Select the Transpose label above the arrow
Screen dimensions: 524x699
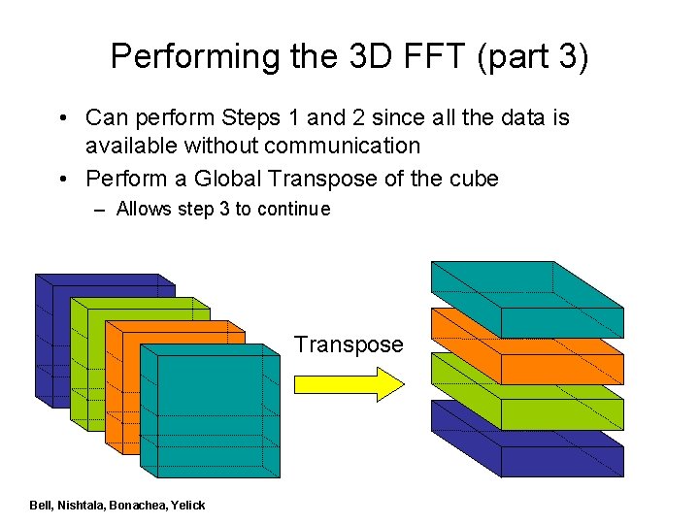click(x=349, y=344)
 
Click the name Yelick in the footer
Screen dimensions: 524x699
click(x=187, y=506)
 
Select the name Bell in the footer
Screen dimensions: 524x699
click(x=41, y=506)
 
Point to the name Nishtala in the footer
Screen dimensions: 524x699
click(x=82, y=506)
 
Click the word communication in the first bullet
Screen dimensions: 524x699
click(x=349, y=146)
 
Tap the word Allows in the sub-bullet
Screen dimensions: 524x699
click(x=145, y=209)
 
